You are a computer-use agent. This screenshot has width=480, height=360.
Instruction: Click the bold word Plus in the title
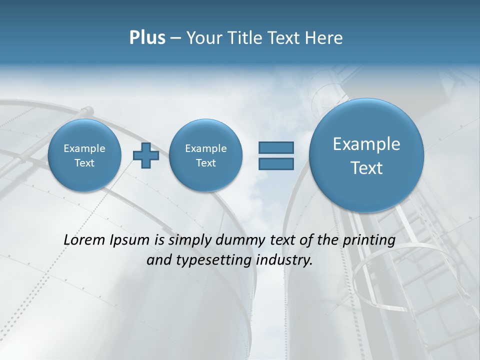pos(147,38)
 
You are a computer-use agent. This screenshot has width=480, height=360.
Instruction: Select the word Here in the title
pos(324,38)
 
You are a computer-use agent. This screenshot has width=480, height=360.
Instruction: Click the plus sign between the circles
pos(145,155)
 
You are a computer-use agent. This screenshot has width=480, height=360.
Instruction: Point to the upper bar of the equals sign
pos(275,147)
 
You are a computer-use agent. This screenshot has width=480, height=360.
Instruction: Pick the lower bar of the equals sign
pos(275,164)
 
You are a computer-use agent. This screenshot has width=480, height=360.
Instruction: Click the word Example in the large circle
pos(366,144)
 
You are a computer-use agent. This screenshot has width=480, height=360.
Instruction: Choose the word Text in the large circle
pos(366,168)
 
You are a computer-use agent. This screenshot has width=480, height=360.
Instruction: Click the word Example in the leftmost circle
pos(84,148)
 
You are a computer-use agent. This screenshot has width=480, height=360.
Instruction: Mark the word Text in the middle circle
pos(205,163)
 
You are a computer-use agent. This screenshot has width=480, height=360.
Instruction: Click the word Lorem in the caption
pos(84,240)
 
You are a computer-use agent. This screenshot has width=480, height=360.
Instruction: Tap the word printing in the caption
pos(368,240)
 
